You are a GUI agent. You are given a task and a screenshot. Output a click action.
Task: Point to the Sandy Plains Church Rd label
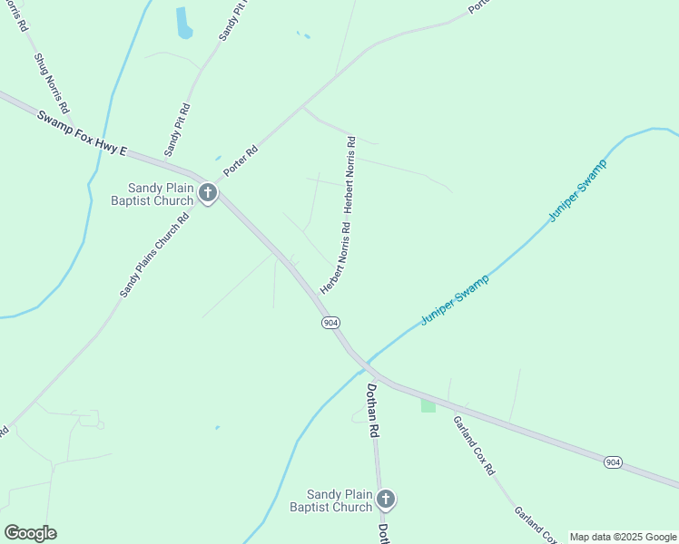[154, 256]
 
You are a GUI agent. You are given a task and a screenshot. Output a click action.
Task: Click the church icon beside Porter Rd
[208, 193]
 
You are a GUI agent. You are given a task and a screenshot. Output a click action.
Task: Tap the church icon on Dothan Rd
[386, 499]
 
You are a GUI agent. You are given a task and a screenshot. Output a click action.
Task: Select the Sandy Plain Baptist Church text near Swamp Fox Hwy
[153, 194]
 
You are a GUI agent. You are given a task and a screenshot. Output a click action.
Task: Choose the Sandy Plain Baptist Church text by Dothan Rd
[339, 500]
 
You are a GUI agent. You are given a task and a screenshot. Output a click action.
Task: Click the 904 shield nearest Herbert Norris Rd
[330, 323]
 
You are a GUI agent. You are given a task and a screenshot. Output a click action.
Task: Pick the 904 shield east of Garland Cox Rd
[613, 462]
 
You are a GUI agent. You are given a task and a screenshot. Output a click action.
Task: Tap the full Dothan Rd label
[371, 411]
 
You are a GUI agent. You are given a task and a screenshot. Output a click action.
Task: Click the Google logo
[30, 533]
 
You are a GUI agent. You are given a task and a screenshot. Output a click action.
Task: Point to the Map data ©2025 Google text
[624, 537]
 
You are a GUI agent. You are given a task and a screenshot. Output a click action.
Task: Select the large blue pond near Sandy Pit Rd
[184, 23]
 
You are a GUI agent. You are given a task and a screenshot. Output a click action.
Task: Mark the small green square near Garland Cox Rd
[428, 405]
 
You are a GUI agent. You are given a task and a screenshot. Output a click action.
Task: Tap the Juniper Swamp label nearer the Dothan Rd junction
[455, 298]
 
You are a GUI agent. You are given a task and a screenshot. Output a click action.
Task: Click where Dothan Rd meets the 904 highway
[367, 369]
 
